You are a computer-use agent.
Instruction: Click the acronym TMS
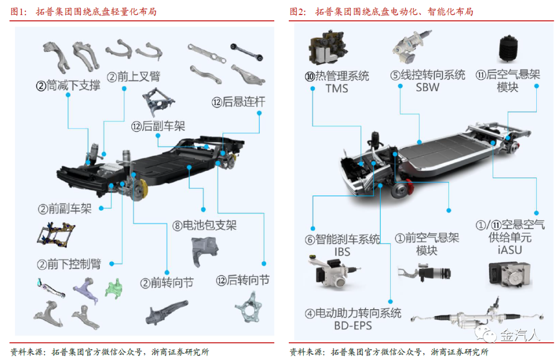[x=336, y=89]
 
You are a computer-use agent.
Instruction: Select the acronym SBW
[x=427, y=87]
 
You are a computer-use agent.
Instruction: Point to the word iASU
[x=509, y=250]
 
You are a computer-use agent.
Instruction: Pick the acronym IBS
[x=342, y=252]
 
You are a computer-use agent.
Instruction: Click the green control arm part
[x=114, y=286]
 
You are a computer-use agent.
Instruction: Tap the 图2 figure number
[x=298, y=11]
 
